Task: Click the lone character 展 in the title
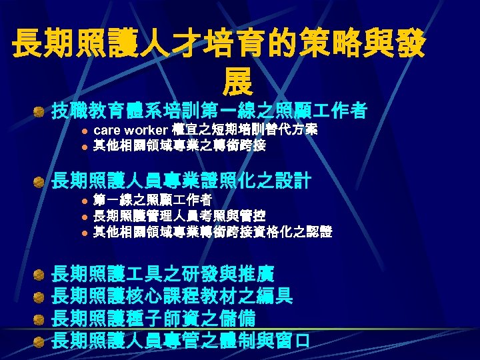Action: pos(239,82)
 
